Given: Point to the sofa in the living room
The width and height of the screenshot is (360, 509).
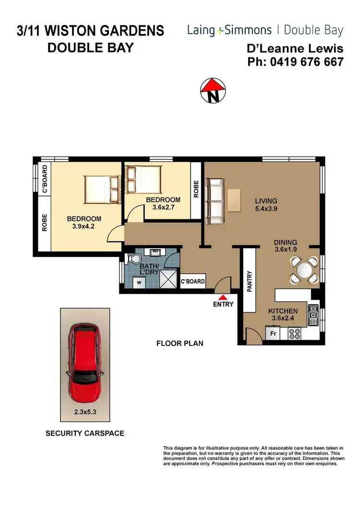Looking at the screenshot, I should coord(215,201).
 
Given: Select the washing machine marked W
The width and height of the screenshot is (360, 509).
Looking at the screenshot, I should coord(139,283).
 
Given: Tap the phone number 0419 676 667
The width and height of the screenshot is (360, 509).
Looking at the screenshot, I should coord(295,62).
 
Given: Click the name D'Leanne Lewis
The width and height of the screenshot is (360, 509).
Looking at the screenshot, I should coord(295,49).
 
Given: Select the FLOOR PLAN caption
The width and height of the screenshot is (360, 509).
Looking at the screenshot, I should coord(180,343).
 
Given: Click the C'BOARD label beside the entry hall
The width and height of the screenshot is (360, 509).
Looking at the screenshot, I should coord(193,282).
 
